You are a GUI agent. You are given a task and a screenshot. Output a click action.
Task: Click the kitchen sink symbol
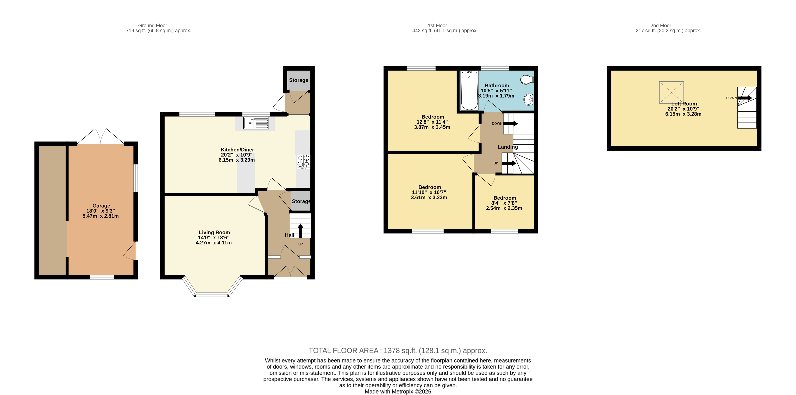(256, 123)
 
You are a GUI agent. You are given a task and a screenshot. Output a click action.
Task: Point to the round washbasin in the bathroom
(528, 99)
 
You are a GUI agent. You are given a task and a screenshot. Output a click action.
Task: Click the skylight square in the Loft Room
(671, 92)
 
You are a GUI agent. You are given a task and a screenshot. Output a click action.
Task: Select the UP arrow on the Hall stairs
(300, 230)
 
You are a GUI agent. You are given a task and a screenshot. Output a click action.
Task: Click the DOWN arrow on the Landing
(510, 123)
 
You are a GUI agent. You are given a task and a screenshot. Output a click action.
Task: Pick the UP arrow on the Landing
(509, 163)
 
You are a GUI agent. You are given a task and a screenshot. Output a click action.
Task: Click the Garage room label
(101, 206)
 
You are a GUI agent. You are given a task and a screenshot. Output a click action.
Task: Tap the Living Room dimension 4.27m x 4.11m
(214, 243)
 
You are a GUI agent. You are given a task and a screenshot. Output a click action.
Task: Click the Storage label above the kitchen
(298, 80)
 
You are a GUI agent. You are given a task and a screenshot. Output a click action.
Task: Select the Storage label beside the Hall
(301, 201)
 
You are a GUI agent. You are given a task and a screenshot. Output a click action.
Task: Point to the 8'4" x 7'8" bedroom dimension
(504, 203)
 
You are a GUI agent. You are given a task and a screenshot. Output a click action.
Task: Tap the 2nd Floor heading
(661, 26)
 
